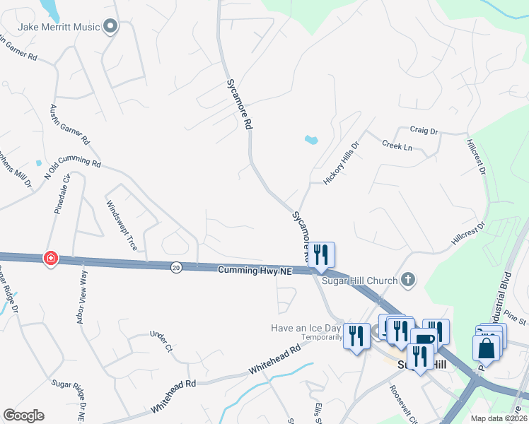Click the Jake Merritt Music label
pos(59,28)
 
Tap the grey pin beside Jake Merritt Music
pos(110,28)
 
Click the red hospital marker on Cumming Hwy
pos(50,259)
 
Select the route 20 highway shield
pos(175,267)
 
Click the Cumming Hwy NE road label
pos(255,270)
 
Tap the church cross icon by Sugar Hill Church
pos(407,281)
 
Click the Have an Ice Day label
pos(306,328)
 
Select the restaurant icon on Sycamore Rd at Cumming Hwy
pos(321,254)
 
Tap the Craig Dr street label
pos(424,131)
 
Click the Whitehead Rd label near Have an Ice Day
pos(274,361)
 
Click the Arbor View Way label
pos(82,295)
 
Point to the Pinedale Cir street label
pos(62,195)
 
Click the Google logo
pos(23,416)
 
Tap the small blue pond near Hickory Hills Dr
pos(311,139)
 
